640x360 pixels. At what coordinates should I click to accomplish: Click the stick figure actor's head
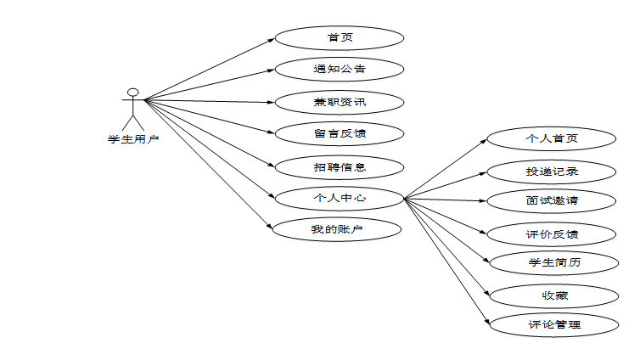point(132,92)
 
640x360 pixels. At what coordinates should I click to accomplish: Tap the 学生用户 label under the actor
point(132,140)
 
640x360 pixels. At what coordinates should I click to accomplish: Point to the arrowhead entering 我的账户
point(269,228)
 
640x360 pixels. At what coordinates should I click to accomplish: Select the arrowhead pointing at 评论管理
point(488,322)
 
